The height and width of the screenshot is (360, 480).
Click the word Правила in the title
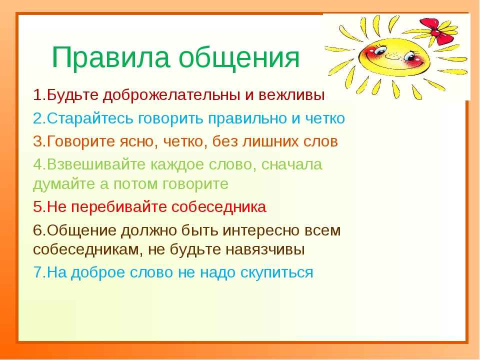click(111, 57)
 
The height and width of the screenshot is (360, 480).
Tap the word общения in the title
click(239, 57)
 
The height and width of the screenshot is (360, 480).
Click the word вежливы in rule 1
click(291, 95)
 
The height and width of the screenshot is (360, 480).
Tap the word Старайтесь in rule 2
click(90, 118)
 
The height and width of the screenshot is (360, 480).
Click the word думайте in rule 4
click(64, 184)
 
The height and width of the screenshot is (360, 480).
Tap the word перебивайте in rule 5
click(119, 207)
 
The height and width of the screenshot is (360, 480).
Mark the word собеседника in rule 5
click(219, 207)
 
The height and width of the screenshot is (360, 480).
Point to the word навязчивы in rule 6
click(265, 250)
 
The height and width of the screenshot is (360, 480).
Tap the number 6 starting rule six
click(37, 230)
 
